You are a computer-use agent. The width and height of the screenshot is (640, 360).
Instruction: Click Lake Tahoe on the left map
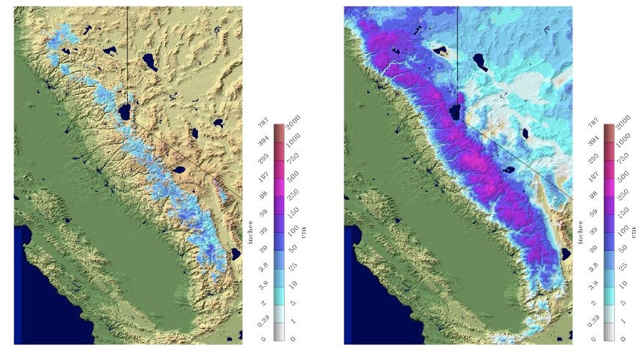tap(124, 112)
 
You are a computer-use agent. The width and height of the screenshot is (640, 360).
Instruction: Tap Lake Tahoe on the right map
tap(455, 112)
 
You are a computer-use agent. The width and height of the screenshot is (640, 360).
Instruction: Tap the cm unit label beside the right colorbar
tap(634, 231)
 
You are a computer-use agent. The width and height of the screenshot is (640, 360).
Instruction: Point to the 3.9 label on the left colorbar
tap(264, 285)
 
